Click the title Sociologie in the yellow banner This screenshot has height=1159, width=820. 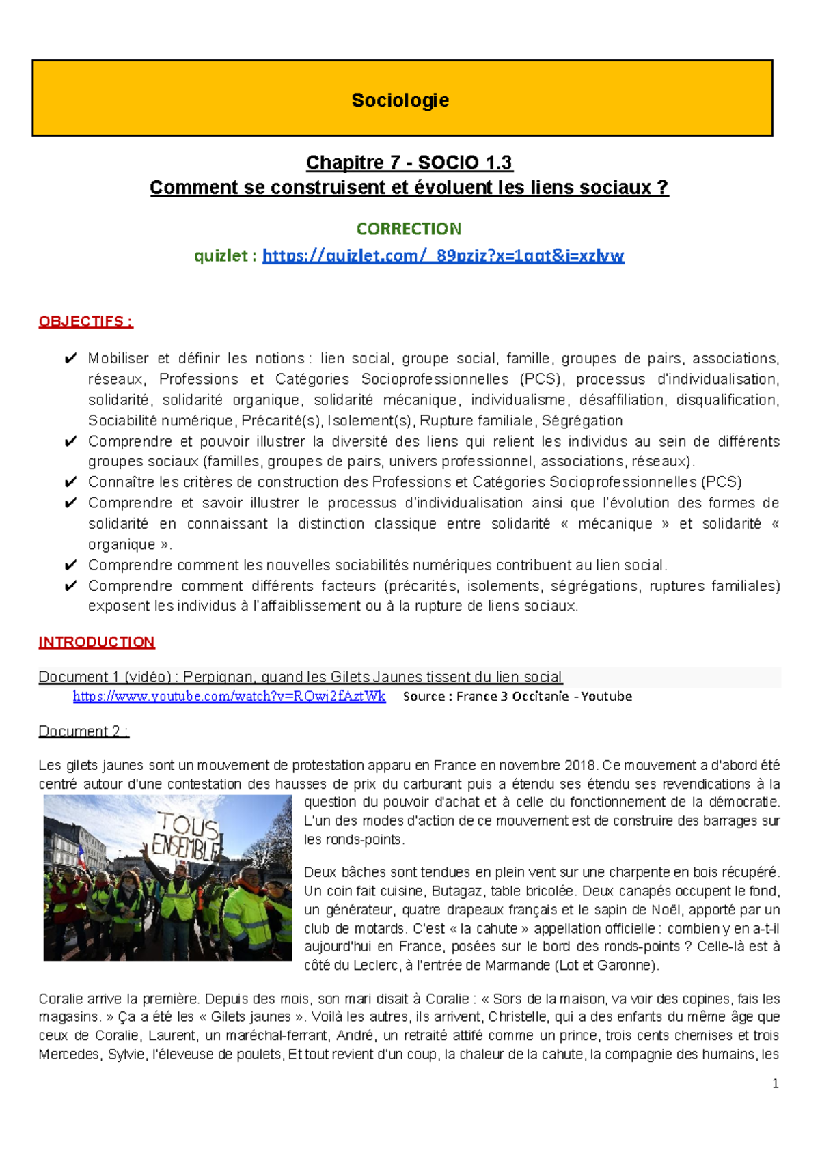[x=400, y=100]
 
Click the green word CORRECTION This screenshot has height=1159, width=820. [x=409, y=229]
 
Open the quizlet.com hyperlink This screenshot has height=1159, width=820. [x=443, y=256]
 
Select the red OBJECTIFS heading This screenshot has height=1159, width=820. [x=85, y=322]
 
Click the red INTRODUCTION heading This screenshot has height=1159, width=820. [x=96, y=642]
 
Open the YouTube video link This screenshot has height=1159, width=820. [x=229, y=697]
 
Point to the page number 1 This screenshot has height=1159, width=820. [x=775, y=1084]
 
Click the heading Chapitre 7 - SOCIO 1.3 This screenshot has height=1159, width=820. [x=409, y=163]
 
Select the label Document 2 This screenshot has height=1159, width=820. [x=83, y=731]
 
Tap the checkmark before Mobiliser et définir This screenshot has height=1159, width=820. [x=70, y=359]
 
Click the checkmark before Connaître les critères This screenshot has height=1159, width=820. [x=70, y=482]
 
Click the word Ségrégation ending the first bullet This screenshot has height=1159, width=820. [x=582, y=421]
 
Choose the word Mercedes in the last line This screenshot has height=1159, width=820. [x=69, y=1055]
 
